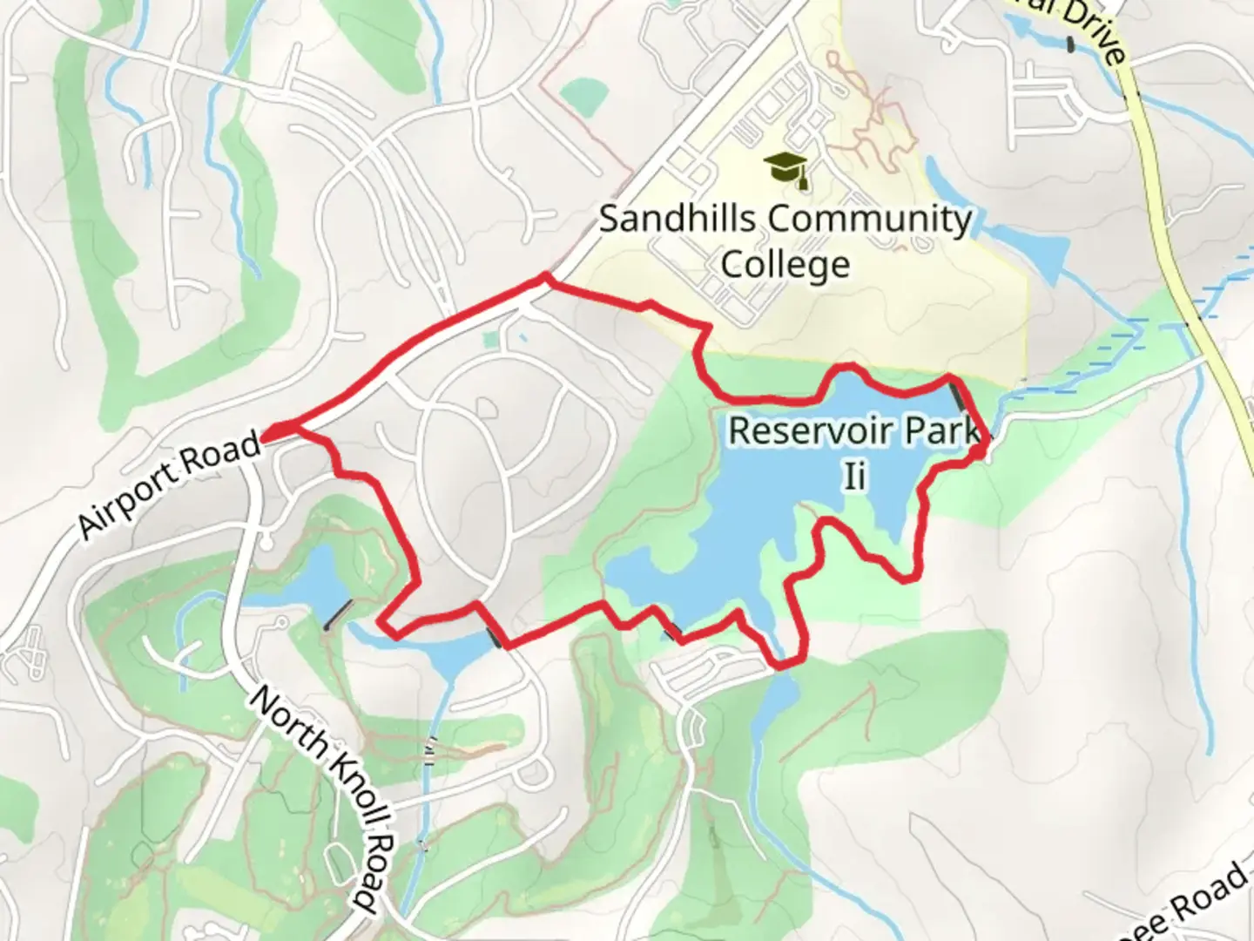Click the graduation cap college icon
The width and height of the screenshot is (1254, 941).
click(786, 169)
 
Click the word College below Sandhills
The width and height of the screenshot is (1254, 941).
click(785, 264)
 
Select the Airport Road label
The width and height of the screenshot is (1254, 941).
click(170, 484)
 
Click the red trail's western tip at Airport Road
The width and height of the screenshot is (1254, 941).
click(266, 431)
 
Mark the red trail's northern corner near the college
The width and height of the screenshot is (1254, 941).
click(546, 278)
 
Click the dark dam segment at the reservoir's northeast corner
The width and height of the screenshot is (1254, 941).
click(959, 396)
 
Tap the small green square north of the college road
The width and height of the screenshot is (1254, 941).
click(581, 97)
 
